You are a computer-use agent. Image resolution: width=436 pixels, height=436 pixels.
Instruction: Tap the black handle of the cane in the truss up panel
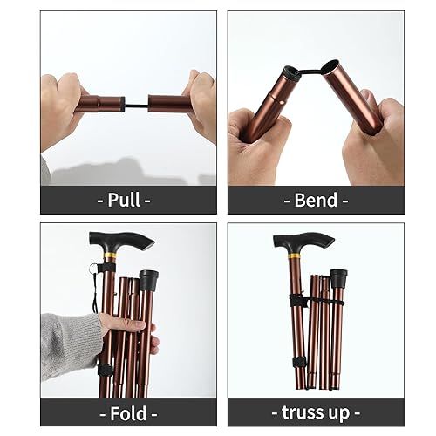tap(302, 241)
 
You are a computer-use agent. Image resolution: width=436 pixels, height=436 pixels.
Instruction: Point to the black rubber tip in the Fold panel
tap(148, 280)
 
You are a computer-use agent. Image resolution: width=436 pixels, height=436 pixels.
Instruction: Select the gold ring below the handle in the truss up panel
tap(294, 259)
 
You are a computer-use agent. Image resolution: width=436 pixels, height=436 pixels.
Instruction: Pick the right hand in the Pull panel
tap(201, 103)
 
